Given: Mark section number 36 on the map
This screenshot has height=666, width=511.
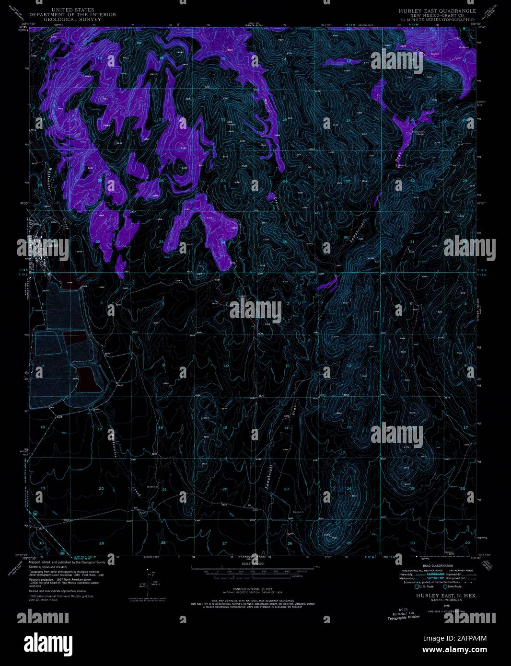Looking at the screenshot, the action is click(x=346, y=238).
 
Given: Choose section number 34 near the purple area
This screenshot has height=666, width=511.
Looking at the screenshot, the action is click(x=223, y=242).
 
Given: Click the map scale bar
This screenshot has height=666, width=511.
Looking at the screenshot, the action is click(x=254, y=569).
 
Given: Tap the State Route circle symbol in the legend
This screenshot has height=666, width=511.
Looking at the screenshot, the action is click(x=446, y=586).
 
